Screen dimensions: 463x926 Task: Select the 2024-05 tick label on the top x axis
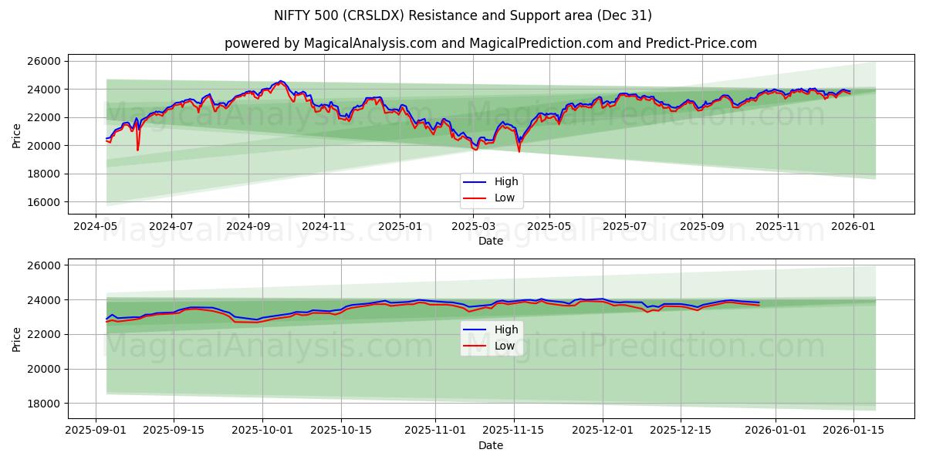pyautogui.click(x=96, y=228)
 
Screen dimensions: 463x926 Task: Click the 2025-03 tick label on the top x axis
pyautogui.click(x=474, y=228)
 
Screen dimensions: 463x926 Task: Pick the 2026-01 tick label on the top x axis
pyautogui.click(x=852, y=228)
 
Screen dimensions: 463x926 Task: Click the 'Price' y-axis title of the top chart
pyautogui.click(x=17, y=135)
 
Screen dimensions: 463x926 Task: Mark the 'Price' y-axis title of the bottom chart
pyautogui.click(x=17, y=339)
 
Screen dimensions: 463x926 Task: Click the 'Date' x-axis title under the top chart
pyautogui.click(x=490, y=241)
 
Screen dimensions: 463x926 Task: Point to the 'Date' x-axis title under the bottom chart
pyautogui.click(x=490, y=445)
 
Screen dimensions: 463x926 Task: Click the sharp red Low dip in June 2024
pyautogui.click(x=138, y=150)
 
